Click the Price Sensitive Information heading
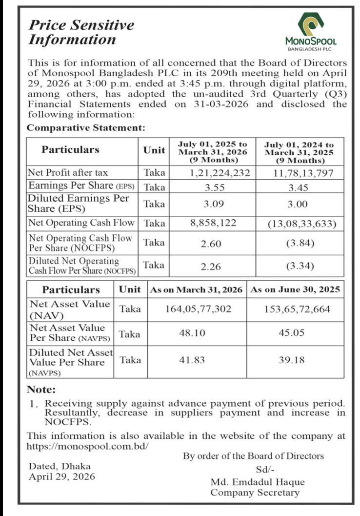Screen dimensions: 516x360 point(81,32)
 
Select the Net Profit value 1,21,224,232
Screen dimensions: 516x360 point(220,173)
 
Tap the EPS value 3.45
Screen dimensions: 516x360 point(298,186)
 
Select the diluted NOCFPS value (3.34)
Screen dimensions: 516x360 point(298,266)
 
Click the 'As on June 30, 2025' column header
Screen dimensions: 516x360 point(296,289)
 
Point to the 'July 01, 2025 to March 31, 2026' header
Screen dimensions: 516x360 point(213,152)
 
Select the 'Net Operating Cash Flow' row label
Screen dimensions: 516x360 point(81,223)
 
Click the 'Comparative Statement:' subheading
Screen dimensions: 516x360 point(86,128)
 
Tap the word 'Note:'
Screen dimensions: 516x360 point(41,390)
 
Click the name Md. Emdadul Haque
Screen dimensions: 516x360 point(258,482)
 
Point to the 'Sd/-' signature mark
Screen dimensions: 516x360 point(265,470)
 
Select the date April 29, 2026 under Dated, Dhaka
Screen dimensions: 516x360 point(62,476)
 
